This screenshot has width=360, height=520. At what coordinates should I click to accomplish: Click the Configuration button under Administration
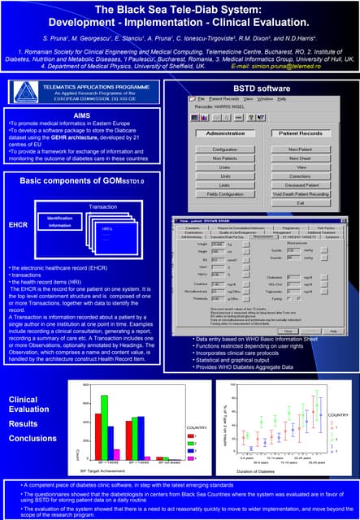pos(225,149)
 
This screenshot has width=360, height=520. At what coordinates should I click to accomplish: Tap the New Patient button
pos(300,149)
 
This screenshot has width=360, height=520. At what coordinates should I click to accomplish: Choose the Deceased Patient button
pos(300,184)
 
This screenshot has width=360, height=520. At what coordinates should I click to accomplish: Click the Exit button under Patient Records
pos(300,203)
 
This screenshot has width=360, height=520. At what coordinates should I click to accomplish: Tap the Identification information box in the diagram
pos(59,222)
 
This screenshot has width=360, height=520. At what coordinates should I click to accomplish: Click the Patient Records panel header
pos(300,133)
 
